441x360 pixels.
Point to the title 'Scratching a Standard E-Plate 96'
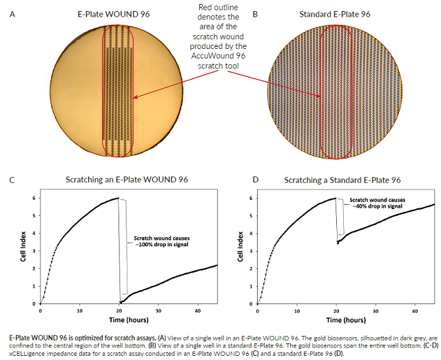(x=342, y=181)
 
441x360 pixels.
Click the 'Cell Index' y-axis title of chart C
(x=25, y=250)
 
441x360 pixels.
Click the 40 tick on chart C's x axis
(x=198, y=310)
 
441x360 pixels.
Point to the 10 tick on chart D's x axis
(x=297, y=310)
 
